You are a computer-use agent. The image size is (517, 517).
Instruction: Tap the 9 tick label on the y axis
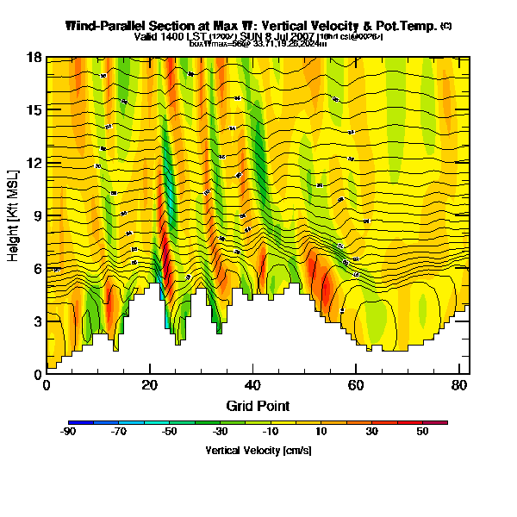tap(39, 216)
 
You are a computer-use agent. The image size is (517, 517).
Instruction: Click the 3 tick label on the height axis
tap(39, 321)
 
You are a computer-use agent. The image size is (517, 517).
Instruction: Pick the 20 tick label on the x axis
tap(150, 384)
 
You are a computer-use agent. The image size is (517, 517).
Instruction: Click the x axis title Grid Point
tap(258, 405)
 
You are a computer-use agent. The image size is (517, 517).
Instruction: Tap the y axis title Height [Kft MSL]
tap(14, 215)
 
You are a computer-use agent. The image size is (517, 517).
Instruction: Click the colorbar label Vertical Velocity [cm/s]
tap(258, 451)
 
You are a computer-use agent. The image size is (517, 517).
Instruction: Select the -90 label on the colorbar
tap(68, 432)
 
